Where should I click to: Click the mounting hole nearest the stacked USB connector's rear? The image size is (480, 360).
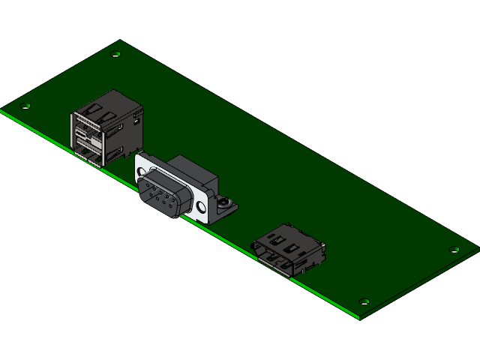click(115, 54)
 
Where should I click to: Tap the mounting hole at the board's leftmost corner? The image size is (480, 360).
click(27, 106)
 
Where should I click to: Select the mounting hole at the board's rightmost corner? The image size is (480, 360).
click(453, 250)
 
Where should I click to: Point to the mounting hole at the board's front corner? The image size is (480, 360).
click(364, 302)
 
